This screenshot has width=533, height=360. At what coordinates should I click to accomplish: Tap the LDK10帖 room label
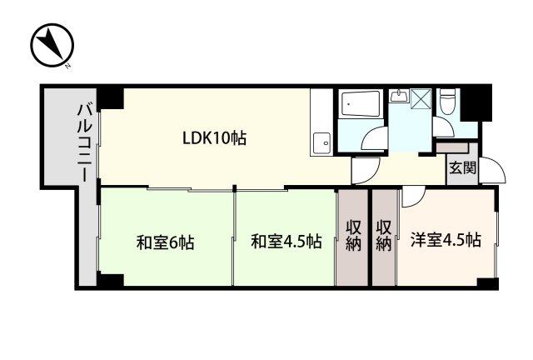click(214, 137)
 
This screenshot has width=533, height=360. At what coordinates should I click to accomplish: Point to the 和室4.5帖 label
click(286, 242)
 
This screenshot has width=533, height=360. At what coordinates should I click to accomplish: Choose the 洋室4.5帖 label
click(445, 241)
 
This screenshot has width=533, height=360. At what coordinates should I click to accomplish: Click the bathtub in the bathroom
click(361, 105)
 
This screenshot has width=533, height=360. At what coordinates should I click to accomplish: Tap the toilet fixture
click(447, 102)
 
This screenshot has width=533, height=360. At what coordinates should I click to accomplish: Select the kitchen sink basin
click(321, 143)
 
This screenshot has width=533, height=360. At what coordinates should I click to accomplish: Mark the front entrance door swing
click(496, 172)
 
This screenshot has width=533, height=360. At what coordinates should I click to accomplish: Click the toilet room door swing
click(441, 127)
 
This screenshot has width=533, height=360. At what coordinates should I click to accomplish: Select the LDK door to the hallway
click(364, 172)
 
